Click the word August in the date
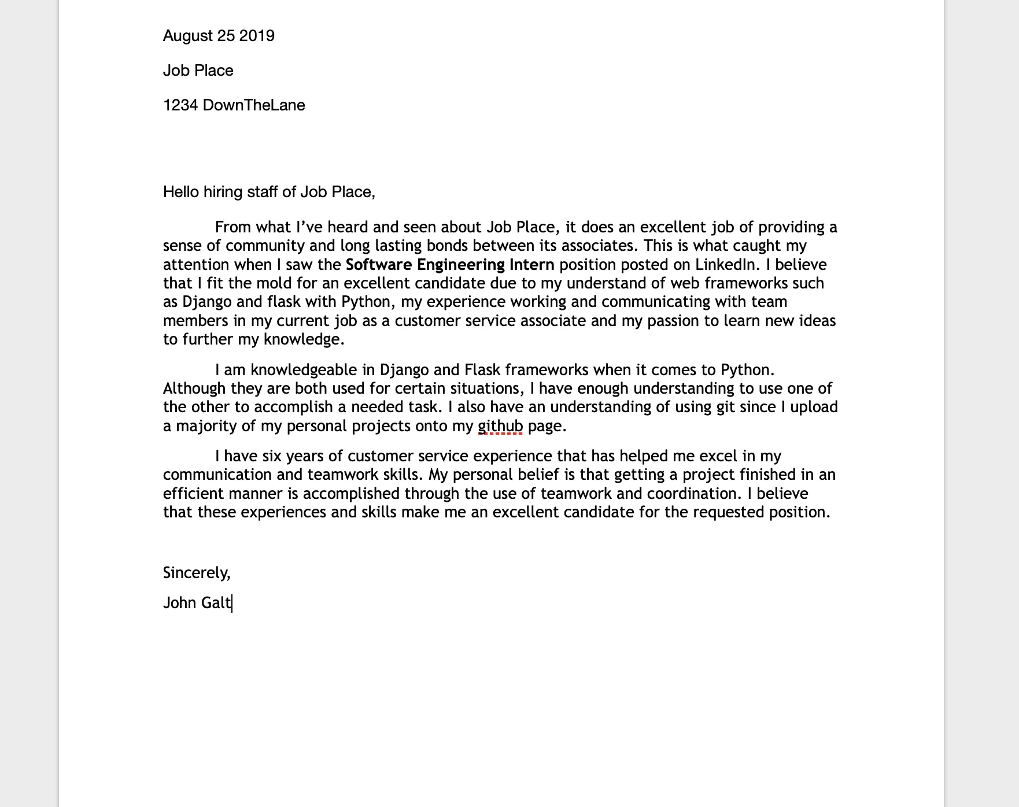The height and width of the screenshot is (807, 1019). point(188,36)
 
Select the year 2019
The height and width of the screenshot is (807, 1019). point(257,36)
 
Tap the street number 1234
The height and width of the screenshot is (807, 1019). point(180,105)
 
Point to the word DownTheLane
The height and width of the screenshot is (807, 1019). point(254,105)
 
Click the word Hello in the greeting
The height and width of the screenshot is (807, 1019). point(181,192)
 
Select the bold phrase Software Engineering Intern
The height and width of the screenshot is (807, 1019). point(450,265)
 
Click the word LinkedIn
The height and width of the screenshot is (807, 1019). point(726,265)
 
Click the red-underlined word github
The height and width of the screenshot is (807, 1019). point(500,426)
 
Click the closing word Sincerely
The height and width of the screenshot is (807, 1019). point(195,573)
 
